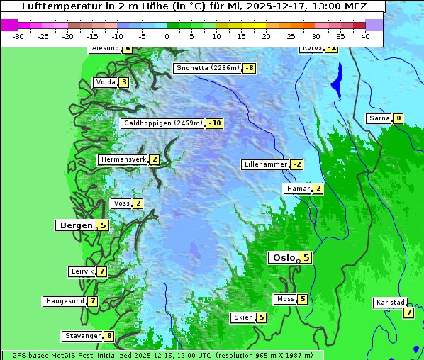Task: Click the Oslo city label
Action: (x=282, y=258)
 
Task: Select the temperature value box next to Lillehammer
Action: (x=296, y=164)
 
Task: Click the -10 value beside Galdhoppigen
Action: (x=215, y=123)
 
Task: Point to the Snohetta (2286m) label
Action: (x=207, y=68)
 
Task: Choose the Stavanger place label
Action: (x=81, y=336)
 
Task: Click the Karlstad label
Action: (x=390, y=303)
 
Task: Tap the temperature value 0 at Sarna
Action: (x=398, y=118)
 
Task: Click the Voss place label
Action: (x=121, y=203)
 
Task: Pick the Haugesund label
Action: (x=65, y=301)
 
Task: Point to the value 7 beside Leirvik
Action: (x=102, y=271)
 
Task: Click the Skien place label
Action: (x=242, y=317)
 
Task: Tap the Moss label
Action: (x=284, y=299)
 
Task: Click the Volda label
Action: (x=105, y=82)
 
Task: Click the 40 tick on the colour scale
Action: (x=365, y=35)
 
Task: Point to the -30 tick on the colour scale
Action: (x=18, y=35)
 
